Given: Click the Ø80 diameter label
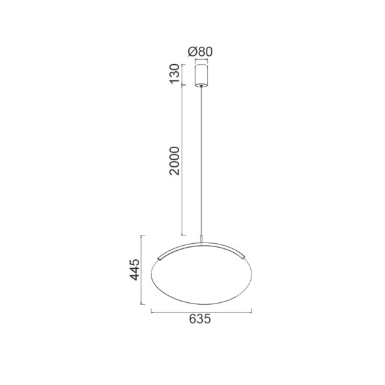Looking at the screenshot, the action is tap(200, 52).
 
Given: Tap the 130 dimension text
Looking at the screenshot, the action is tap(175, 74).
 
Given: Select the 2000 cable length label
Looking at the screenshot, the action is tap(175, 160).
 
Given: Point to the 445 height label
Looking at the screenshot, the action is tap(135, 269).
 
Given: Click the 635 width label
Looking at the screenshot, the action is tap(200, 319).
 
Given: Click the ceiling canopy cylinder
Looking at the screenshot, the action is tap(201, 76).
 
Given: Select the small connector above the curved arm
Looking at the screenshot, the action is tap(201, 239).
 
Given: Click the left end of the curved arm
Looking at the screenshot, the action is tap(159, 259).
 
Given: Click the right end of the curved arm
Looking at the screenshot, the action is tap(243, 257).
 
